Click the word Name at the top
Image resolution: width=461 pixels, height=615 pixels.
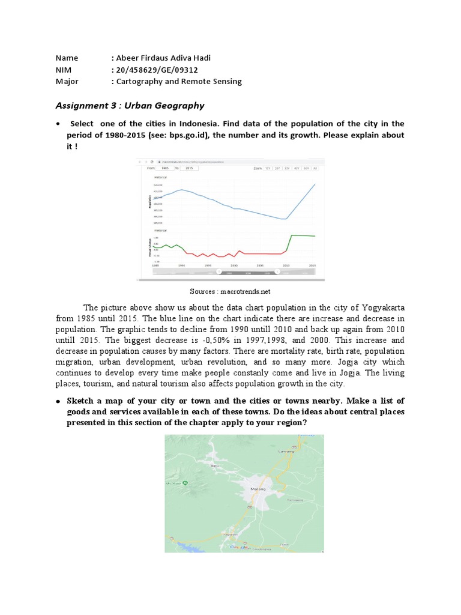pos(67,58)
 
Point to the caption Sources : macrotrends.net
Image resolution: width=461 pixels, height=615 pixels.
pos(230,291)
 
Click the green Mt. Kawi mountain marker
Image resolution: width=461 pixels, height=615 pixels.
pos(185,482)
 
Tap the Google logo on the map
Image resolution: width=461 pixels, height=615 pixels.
pos(241,547)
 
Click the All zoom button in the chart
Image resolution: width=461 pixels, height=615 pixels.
pos(316,169)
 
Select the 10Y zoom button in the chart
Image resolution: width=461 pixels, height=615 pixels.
pos(268,169)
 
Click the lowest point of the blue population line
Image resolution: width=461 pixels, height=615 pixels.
pos(284,219)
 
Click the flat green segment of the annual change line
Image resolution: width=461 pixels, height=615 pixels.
pos(303,235)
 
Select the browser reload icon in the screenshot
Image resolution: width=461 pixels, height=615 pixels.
pos(151,162)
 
